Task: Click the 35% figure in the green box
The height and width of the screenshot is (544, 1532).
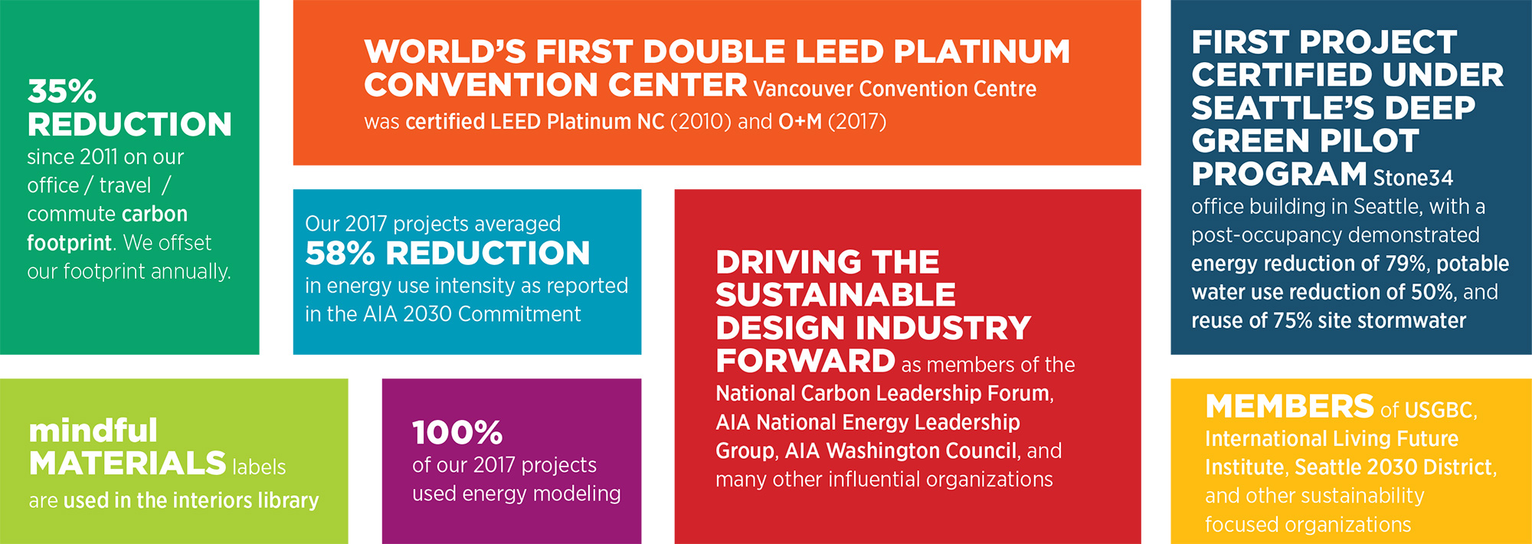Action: point(62,92)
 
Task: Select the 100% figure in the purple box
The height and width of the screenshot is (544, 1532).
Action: point(457,433)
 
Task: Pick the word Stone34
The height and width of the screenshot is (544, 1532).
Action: point(1413,178)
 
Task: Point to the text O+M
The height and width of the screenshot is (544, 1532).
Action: point(800,122)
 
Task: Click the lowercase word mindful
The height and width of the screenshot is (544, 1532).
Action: point(93,431)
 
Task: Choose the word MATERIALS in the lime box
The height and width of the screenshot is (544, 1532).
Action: point(127,464)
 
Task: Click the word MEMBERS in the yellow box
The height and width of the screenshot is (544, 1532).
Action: point(1290,407)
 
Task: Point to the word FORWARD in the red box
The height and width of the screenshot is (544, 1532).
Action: point(805,361)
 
